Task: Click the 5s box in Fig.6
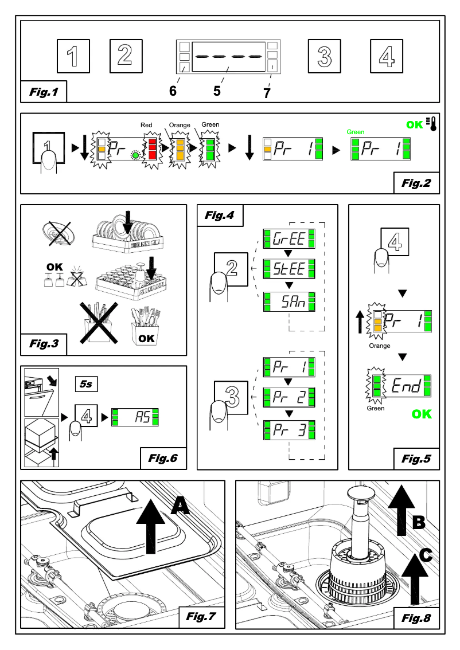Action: (x=86, y=383)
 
